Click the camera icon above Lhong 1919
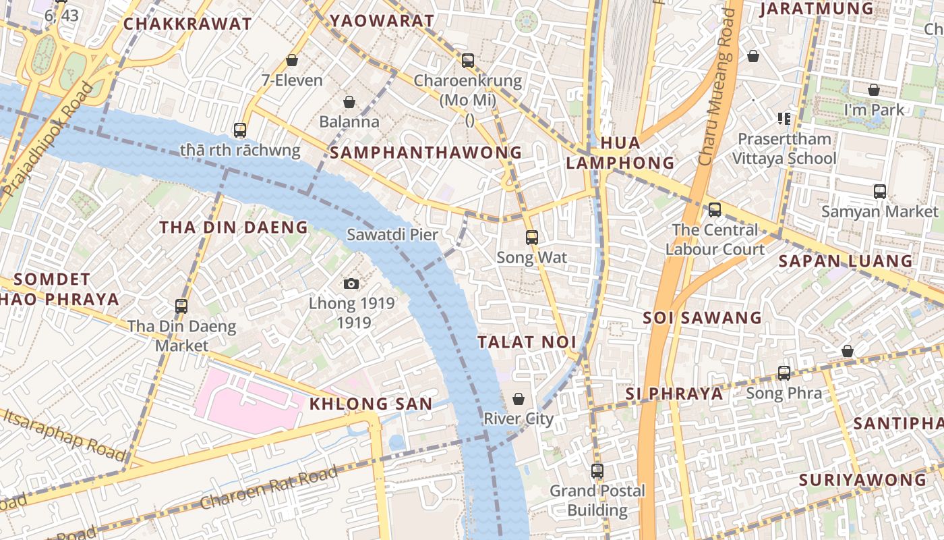(x=351, y=283)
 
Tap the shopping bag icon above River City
(x=519, y=399)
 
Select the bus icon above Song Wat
(x=532, y=237)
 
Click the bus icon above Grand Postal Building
(x=597, y=470)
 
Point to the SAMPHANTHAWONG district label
(x=426, y=153)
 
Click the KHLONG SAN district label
(x=370, y=404)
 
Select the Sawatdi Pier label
(x=392, y=235)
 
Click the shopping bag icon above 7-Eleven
(x=292, y=60)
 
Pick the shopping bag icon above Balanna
(x=349, y=102)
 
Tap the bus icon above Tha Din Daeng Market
(x=181, y=306)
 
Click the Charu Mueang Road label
(x=715, y=88)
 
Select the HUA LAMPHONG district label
(x=620, y=153)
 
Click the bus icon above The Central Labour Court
(x=715, y=209)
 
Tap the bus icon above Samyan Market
(x=880, y=191)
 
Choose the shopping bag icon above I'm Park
(x=874, y=90)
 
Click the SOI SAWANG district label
(x=702, y=317)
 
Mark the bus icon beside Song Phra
(x=784, y=373)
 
